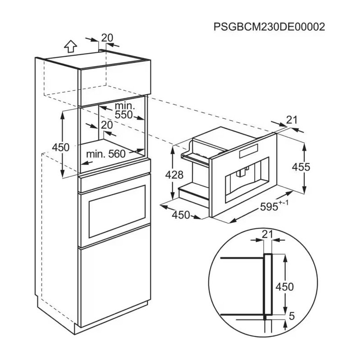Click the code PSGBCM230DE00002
click(269, 27)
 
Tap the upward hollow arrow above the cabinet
click(71, 46)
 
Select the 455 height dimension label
click(301, 167)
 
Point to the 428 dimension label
click(174, 175)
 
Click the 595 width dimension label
click(269, 207)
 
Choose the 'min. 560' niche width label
click(106, 154)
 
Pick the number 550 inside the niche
click(124, 115)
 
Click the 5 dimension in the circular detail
click(292, 316)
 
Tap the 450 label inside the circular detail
click(285, 287)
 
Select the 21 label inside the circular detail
click(267, 234)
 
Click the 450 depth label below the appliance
click(181, 215)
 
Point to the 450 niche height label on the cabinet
click(61, 148)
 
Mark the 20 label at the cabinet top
click(107, 38)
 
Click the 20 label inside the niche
click(107, 125)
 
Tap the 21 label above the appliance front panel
click(292, 120)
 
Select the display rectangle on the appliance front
click(249, 151)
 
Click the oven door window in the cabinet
click(117, 211)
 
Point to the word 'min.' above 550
click(125, 106)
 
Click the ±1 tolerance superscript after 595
click(284, 203)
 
